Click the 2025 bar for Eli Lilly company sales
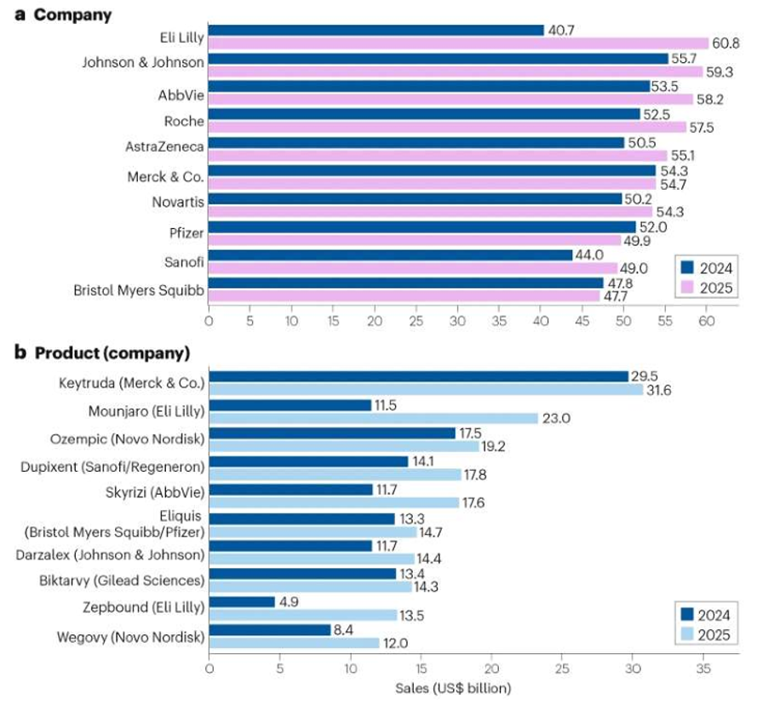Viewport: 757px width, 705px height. (x=458, y=43)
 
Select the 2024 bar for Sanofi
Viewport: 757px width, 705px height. (x=390, y=255)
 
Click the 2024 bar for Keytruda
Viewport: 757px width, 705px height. (x=418, y=376)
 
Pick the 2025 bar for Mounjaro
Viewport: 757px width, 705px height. (x=374, y=418)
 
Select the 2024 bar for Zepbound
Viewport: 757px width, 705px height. (x=242, y=601)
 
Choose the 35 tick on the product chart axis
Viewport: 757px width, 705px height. (x=702, y=668)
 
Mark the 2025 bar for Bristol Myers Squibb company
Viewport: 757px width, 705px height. (x=404, y=296)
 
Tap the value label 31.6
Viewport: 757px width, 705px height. (x=661, y=390)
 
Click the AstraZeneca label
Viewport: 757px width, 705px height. (x=164, y=147)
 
